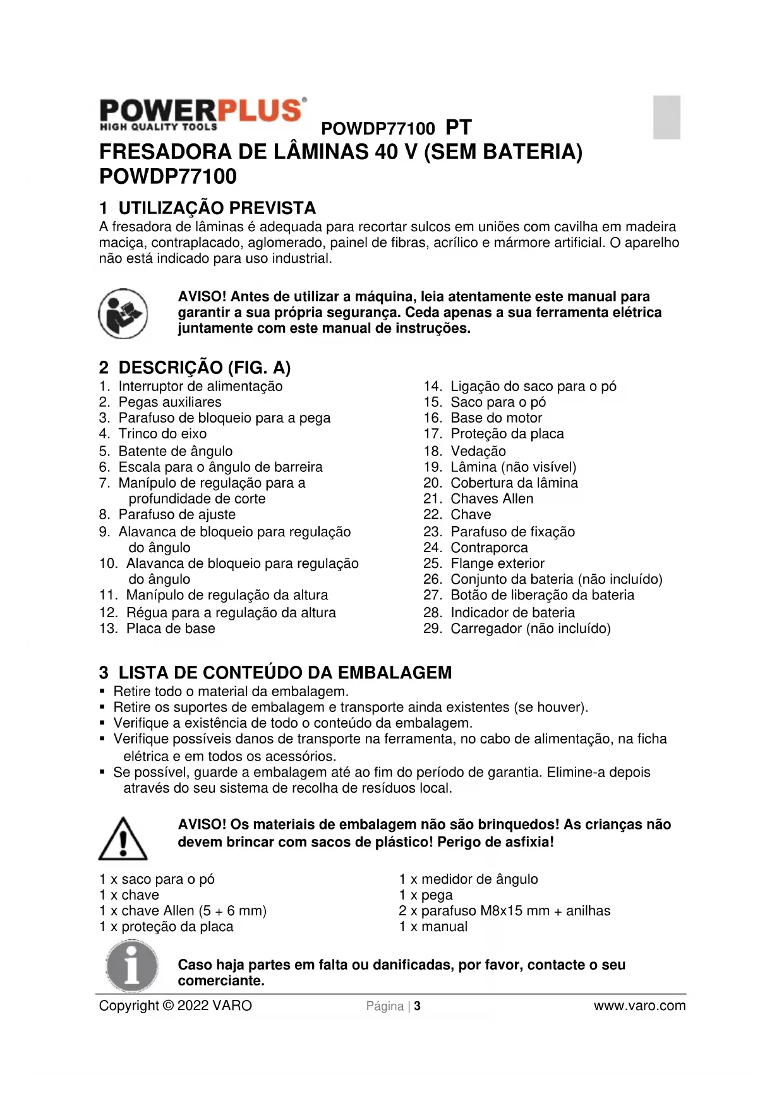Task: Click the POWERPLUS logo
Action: pos(203,114)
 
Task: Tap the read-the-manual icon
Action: pos(123,313)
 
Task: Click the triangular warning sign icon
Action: pos(123,839)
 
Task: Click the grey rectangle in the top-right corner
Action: pos(666,117)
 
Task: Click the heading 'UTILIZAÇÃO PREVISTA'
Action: pos(217,208)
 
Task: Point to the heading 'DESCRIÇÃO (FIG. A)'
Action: pos(204,368)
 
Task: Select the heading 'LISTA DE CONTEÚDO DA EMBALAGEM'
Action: pos(285,673)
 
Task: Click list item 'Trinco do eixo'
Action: pos(162,434)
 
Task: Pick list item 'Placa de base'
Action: pos(171,629)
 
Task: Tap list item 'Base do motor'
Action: pos(496,418)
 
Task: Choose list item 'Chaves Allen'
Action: pos(492,499)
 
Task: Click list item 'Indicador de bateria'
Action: pos(512,613)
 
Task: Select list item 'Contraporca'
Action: pos(489,548)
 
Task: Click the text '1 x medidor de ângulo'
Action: pos(468,879)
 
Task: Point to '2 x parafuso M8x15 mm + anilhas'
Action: pos(504,911)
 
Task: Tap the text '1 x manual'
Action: pos(433,927)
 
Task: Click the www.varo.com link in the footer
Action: pos(639,1006)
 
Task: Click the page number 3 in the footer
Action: pos(418,1006)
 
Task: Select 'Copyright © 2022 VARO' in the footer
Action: pos(175,1006)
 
